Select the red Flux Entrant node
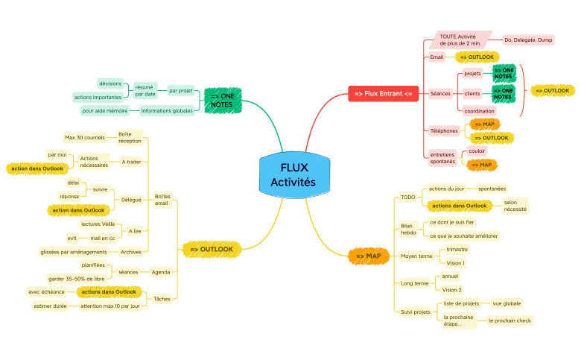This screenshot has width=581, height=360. click(383, 93)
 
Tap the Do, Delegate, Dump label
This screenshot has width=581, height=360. click(529, 40)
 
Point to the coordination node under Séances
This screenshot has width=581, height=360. click(480, 110)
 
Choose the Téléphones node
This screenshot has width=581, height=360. click(444, 131)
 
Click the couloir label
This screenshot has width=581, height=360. click(477, 151)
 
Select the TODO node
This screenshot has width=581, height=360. click(407, 198)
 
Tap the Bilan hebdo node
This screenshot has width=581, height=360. click(408, 229)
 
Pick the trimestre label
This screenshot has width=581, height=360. click(457, 250)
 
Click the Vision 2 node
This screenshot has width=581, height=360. click(451, 290)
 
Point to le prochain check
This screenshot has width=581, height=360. click(509, 320)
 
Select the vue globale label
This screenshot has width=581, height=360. click(507, 303)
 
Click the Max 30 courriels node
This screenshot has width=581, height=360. click(85, 137)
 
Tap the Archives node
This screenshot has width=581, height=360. click(131, 252)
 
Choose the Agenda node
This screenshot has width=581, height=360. click(161, 272)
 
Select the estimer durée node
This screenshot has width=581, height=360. click(50, 306)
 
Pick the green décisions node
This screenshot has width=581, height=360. click(110, 83)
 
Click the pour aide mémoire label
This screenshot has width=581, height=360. click(105, 110)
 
